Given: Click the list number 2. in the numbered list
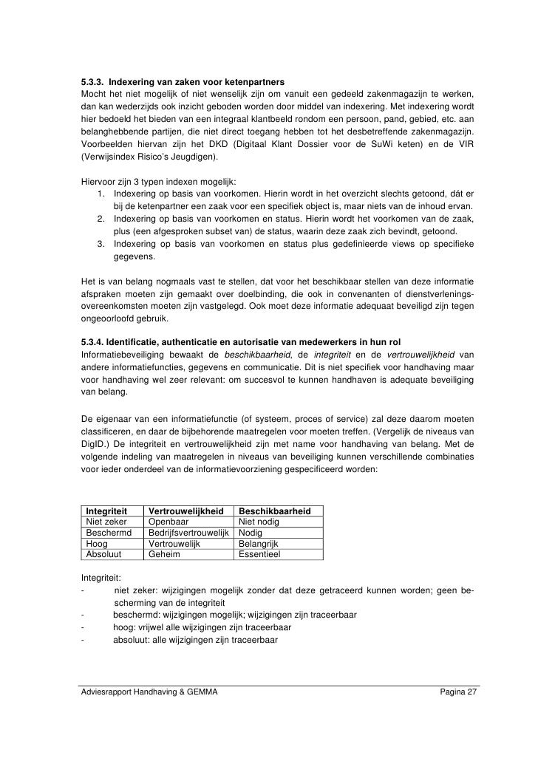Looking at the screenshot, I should [101, 219].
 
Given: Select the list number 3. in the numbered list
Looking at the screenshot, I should [101, 245].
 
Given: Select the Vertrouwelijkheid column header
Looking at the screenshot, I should [187, 511].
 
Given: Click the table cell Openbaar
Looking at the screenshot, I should [167, 522].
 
